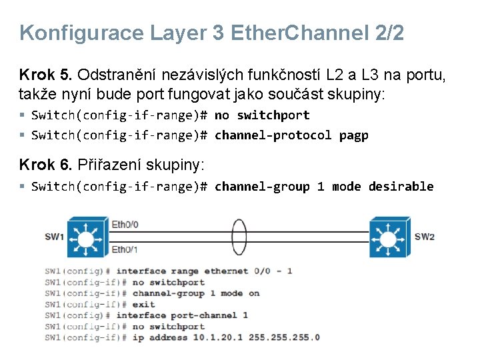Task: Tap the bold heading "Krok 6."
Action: coord(46,165)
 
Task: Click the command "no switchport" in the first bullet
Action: coord(262,115)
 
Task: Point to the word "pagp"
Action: coord(353,135)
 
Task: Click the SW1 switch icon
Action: coord(85,237)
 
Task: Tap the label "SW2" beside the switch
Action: coord(425,237)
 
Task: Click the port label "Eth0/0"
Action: coord(125,225)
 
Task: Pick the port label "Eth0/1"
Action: coord(125,249)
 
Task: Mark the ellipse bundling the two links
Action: coord(238,237)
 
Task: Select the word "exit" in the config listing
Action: coord(143,304)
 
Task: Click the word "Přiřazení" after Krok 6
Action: coord(110,165)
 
